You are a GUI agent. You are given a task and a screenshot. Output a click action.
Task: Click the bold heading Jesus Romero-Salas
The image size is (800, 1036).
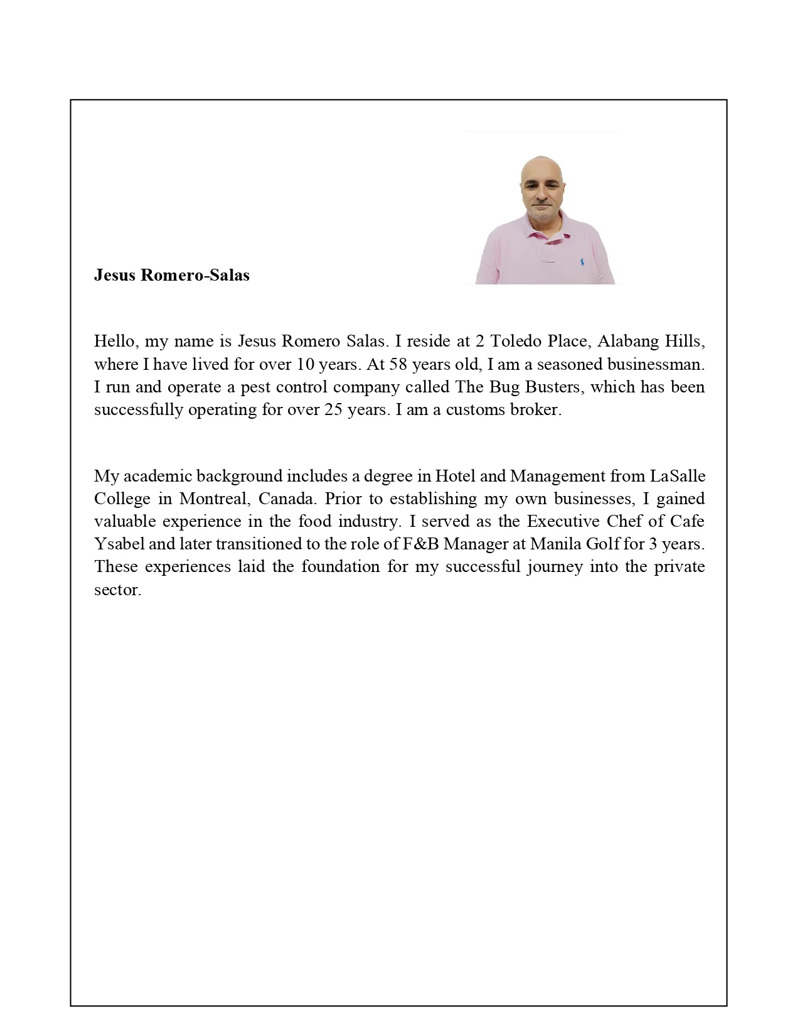(x=171, y=275)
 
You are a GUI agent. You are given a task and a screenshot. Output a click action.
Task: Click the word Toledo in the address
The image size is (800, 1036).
(x=511, y=341)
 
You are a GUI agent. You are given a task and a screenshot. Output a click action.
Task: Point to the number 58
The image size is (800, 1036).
(x=398, y=364)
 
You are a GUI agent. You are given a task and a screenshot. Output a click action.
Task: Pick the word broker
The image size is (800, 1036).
(x=538, y=409)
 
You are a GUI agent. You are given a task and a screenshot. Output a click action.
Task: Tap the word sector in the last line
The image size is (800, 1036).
(x=117, y=590)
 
